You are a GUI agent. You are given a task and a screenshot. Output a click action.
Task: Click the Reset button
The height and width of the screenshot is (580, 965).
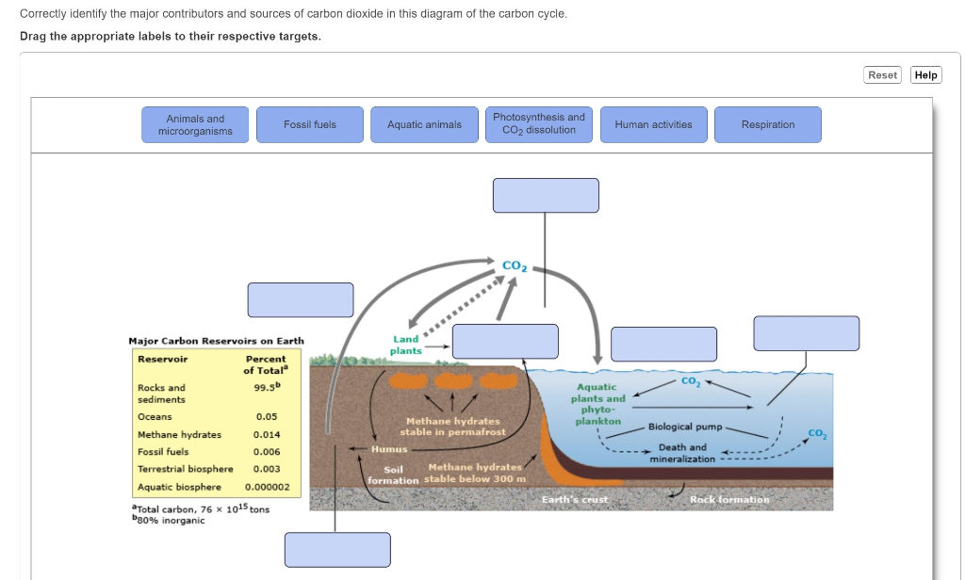pyautogui.click(x=882, y=75)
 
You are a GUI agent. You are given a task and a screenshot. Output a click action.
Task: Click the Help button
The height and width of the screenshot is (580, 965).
pyautogui.click(x=925, y=75)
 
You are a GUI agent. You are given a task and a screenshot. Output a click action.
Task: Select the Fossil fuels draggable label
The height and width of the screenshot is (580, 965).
pyautogui.click(x=309, y=125)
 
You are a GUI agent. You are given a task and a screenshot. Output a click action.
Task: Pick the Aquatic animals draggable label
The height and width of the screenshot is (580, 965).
pyautogui.click(x=424, y=125)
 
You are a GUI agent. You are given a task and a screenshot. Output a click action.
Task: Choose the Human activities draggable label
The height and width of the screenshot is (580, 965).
pyautogui.click(x=654, y=125)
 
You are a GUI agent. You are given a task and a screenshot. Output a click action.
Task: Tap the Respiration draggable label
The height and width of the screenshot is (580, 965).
pyautogui.click(x=767, y=125)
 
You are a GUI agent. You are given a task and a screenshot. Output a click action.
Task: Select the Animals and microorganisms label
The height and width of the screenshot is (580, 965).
pyautogui.click(x=195, y=125)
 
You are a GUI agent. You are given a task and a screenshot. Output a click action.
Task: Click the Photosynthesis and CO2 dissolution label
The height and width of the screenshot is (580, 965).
pyautogui.click(x=538, y=125)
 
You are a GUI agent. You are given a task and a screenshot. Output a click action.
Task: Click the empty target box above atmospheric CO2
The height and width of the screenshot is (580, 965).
pyautogui.click(x=546, y=196)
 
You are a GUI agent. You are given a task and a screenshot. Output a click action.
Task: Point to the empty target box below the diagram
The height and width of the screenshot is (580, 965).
pyautogui.click(x=337, y=550)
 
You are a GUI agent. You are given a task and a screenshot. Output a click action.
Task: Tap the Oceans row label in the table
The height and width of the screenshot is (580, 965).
pyautogui.click(x=155, y=417)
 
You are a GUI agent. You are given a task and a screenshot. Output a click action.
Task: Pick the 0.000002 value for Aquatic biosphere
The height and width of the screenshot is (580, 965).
pyautogui.click(x=267, y=487)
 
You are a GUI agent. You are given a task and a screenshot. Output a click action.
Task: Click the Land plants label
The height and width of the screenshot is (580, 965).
pyautogui.click(x=405, y=345)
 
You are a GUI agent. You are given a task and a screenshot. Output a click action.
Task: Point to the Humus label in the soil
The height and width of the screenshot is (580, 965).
pyautogui.click(x=389, y=449)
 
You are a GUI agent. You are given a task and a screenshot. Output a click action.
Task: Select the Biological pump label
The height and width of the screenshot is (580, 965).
pyautogui.click(x=685, y=427)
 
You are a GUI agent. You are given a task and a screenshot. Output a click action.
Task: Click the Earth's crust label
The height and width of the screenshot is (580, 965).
pyautogui.click(x=575, y=499)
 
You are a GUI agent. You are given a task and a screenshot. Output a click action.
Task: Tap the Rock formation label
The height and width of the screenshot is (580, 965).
pyautogui.click(x=729, y=499)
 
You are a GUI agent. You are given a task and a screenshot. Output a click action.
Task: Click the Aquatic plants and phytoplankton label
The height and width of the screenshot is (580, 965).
pyautogui.click(x=597, y=404)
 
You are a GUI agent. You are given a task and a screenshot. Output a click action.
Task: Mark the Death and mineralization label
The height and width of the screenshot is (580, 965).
pyautogui.click(x=682, y=453)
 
